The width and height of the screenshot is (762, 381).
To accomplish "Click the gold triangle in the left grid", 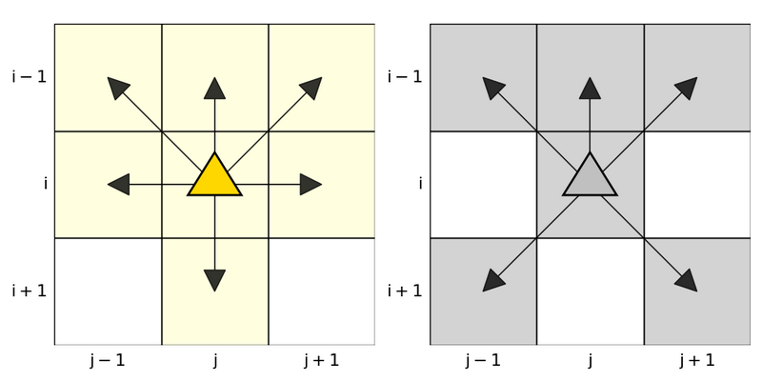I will [x=215, y=178].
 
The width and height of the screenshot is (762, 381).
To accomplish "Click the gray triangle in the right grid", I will [x=590, y=178].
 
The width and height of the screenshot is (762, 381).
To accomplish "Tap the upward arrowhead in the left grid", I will [x=215, y=89].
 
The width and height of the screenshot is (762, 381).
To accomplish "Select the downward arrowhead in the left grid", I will [x=215, y=280].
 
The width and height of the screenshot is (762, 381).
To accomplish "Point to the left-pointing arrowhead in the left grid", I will [x=119, y=185].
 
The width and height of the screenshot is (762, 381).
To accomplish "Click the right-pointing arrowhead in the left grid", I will [x=311, y=185].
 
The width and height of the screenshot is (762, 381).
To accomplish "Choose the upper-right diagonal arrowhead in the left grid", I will [x=310, y=89].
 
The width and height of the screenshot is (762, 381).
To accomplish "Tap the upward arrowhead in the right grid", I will [x=590, y=89].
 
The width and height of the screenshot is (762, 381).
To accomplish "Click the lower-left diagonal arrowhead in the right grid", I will [x=493, y=280].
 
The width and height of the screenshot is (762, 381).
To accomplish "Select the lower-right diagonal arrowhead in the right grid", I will [x=686, y=280].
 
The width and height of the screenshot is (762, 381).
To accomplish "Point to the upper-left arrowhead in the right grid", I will [x=493, y=89].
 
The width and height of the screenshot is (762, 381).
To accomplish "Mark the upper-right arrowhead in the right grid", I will [x=685, y=89].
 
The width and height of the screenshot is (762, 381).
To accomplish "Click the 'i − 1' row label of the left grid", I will [x=29, y=76].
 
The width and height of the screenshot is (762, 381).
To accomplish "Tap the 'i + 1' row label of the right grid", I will [x=404, y=291].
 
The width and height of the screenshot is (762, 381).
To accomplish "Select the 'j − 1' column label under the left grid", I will [x=108, y=360].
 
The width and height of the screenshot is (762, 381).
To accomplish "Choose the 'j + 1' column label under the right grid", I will [x=696, y=360].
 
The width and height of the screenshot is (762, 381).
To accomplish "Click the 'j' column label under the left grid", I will [x=215, y=360].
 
